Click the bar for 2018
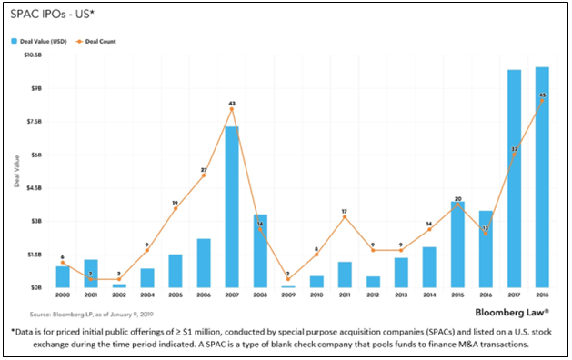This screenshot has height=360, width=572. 542,177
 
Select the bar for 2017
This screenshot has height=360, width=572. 514,178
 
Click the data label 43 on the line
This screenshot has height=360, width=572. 232,104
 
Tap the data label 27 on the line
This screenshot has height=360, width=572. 204,170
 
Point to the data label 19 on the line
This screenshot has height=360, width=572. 176,203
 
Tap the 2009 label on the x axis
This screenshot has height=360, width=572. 288,296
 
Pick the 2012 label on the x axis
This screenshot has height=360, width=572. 373,296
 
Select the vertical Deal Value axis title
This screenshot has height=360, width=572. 16,171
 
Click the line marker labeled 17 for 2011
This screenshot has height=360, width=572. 345,216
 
